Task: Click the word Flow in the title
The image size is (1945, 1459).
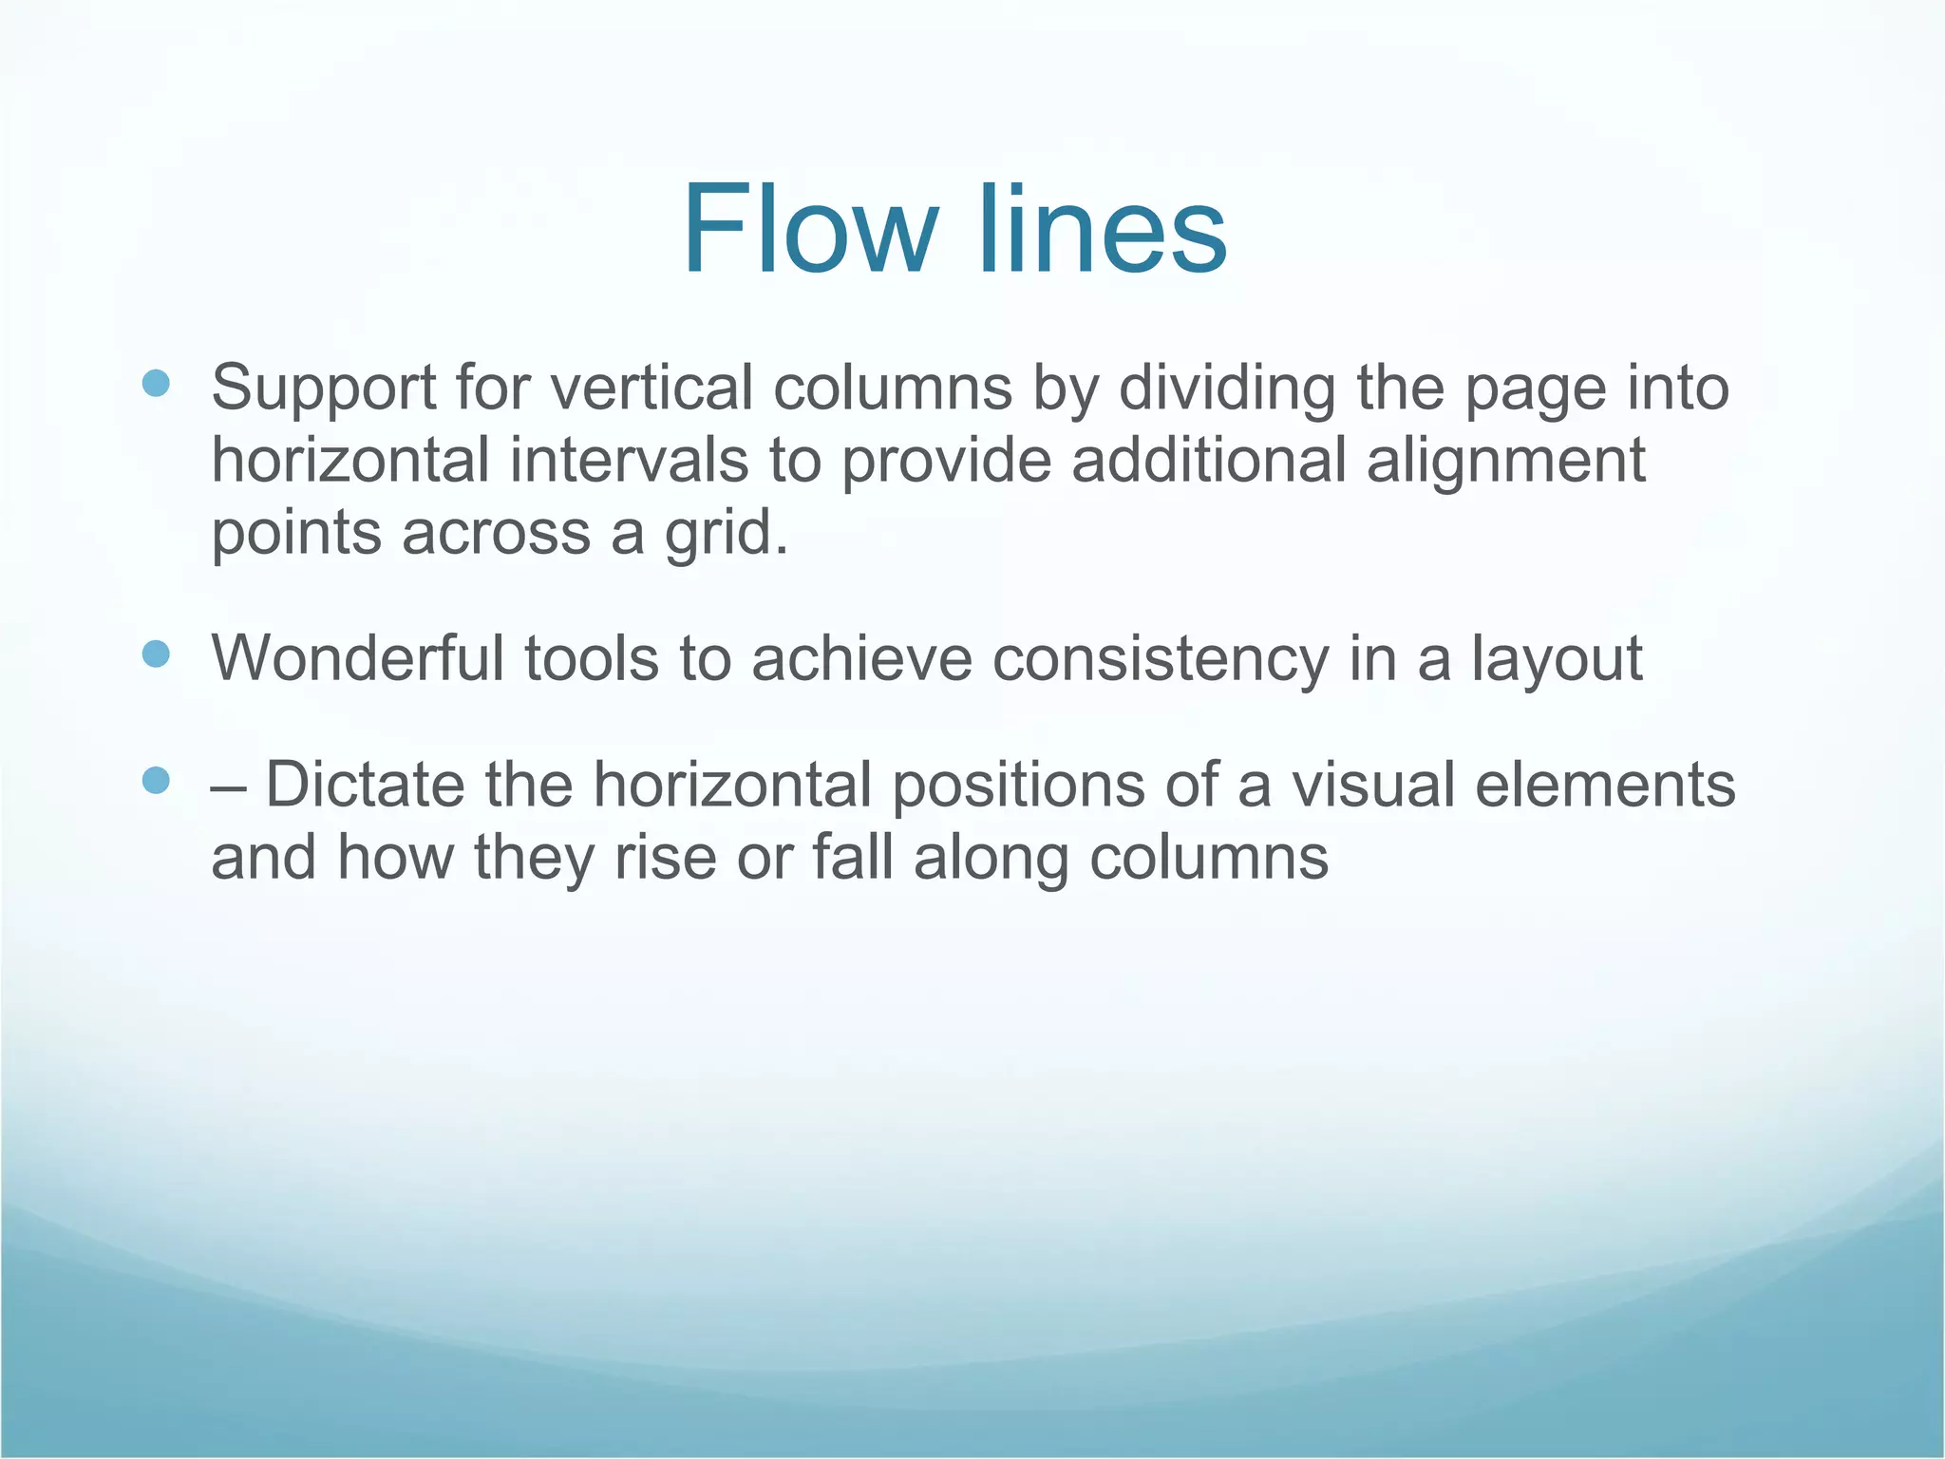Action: coord(808,231)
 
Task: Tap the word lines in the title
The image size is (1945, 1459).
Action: coord(1102,231)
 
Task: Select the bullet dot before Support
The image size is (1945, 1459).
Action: coord(156,384)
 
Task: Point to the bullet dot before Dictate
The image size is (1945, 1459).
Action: coord(156,781)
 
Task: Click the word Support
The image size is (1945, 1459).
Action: coord(323,389)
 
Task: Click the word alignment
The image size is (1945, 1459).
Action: coord(1505,462)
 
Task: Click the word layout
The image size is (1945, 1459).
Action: coord(1557,659)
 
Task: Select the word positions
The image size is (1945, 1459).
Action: coord(1017,786)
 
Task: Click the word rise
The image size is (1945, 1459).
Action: coord(665,857)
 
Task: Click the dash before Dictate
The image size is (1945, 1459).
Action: coord(227,786)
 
